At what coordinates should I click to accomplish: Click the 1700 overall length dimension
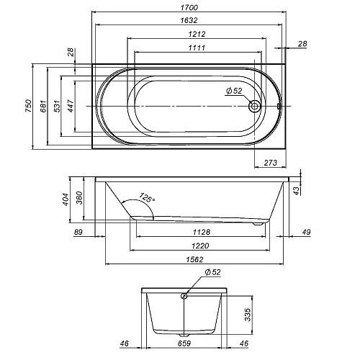point(189,8)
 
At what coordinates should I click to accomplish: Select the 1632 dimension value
point(189,20)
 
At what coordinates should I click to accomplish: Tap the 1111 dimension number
point(197,48)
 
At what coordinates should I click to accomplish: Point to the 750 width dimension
point(29,106)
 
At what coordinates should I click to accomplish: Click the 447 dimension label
point(71,106)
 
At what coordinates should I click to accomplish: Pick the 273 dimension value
point(271,163)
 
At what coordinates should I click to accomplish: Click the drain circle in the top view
point(254,106)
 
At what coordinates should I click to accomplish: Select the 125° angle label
point(147,197)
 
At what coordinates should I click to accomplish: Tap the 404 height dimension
point(66,199)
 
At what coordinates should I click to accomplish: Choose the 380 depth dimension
point(79,197)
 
